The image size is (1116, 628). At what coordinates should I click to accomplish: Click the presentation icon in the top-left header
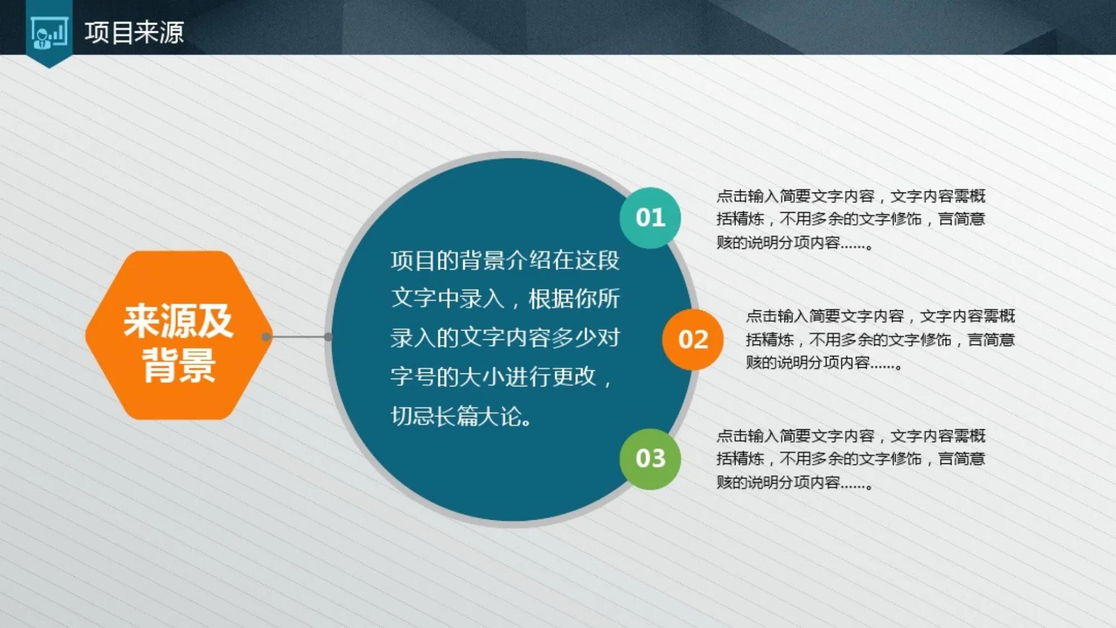[x=50, y=32]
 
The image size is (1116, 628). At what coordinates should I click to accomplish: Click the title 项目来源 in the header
[x=134, y=32]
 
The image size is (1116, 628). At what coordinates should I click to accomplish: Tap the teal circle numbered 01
[x=650, y=218]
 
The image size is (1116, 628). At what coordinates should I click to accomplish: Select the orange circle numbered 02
[x=692, y=339]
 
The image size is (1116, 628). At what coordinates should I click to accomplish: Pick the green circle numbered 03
[x=650, y=459]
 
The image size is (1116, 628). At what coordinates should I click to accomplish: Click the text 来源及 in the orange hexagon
[x=178, y=322]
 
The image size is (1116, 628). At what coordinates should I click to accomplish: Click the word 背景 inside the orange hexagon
[x=179, y=366]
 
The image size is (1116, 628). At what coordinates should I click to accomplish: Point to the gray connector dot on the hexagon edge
[x=266, y=337]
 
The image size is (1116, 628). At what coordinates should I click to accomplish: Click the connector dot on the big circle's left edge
[x=329, y=337]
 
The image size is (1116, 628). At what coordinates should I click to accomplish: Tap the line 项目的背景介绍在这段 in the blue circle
[x=505, y=261]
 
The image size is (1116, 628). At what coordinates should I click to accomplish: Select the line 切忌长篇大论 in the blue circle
[x=462, y=416]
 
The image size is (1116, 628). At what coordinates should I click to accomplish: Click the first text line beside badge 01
[x=851, y=196]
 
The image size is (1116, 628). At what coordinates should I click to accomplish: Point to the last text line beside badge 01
[x=795, y=243]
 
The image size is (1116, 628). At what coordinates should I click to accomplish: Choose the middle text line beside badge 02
[x=880, y=339]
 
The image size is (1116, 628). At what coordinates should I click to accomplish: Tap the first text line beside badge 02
[x=880, y=316]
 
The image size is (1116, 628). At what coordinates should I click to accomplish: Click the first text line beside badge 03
[x=851, y=435]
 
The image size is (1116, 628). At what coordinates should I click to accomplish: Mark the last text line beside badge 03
[x=795, y=482]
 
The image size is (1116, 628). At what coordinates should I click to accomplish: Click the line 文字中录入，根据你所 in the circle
[x=505, y=299]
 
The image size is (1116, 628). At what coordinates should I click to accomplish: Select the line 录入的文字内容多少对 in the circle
[x=505, y=338]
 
